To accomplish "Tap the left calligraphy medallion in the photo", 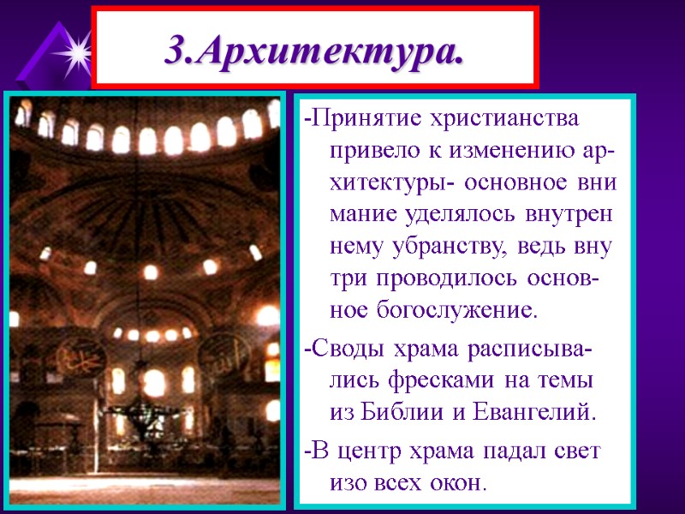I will point(74,353).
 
